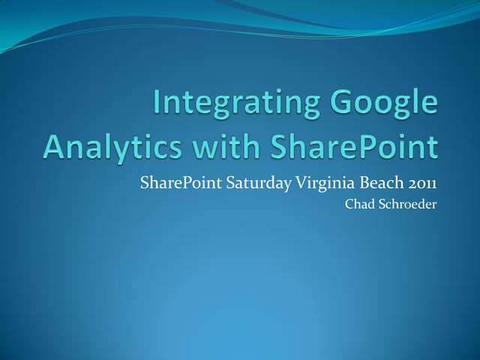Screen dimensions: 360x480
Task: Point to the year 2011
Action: point(423,182)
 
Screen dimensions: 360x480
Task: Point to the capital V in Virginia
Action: point(292,181)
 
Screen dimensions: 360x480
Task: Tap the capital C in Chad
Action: point(348,203)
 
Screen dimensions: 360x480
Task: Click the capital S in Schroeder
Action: point(380,203)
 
